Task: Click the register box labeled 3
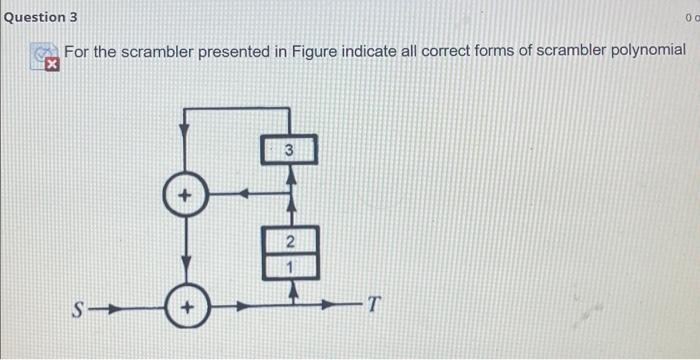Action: (x=289, y=151)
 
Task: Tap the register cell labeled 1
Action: (x=290, y=267)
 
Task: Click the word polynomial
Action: (x=648, y=51)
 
